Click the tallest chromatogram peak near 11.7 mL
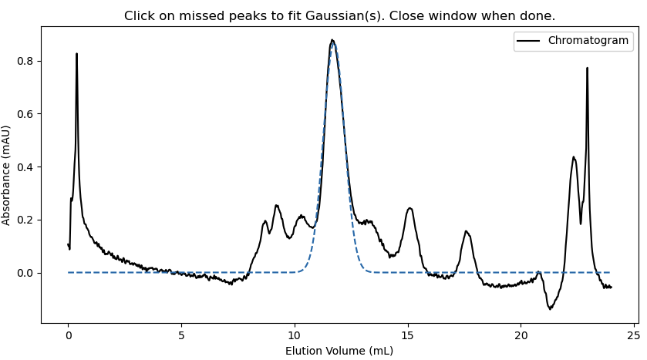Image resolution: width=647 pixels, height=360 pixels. point(332,41)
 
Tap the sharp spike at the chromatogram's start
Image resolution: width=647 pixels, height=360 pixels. point(76,55)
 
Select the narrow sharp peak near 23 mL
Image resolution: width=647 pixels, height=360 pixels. point(587,69)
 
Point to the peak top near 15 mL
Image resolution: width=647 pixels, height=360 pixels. point(409,209)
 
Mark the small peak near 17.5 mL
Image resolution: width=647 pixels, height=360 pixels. point(466,231)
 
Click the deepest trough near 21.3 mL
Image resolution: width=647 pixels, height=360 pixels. point(550,308)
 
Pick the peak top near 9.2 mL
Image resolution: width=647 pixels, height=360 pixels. point(276,206)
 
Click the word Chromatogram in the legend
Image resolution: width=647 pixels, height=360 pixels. point(588,41)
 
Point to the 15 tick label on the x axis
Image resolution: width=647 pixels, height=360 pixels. point(407,335)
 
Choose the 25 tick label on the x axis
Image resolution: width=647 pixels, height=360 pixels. point(633,335)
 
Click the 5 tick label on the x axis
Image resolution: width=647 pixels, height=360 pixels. point(181,335)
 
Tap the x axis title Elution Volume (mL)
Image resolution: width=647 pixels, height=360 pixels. point(339,351)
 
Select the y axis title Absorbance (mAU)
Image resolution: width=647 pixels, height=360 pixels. point(7,175)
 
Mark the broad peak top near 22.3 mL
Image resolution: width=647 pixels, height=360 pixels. point(574,158)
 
